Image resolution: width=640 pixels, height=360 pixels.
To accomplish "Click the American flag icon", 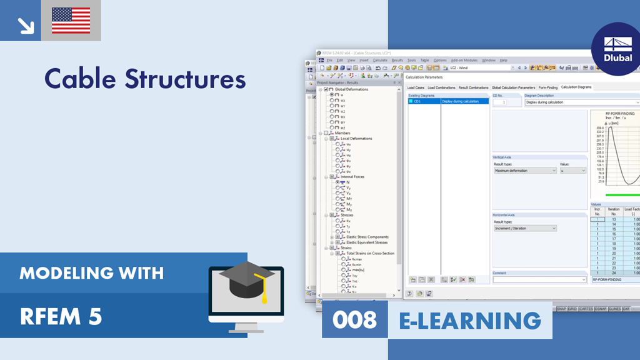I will (x=71, y=21).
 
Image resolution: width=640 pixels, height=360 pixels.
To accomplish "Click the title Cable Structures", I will (x=145, y=79).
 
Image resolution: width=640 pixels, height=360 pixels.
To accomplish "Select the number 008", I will (x=354, y=320).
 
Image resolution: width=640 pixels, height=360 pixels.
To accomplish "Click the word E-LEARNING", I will (x=470, y=320).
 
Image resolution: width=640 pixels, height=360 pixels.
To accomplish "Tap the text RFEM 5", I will (x=61, y=317).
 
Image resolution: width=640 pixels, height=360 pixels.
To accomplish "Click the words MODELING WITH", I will (x=91, y=273).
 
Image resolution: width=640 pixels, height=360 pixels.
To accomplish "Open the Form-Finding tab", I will (x=548, y=87).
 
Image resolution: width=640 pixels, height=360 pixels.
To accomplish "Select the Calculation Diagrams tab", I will (x=576, y=87).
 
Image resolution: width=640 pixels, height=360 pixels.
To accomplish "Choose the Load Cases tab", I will (x=416, y=87).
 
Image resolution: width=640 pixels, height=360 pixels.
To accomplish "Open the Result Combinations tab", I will (x=473, y=87).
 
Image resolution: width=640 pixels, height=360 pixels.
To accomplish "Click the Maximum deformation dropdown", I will (x=525, y=170).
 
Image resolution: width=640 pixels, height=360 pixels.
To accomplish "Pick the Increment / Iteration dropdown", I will (x=525, y=228).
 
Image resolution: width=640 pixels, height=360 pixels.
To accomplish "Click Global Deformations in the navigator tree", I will (x=351, y=89).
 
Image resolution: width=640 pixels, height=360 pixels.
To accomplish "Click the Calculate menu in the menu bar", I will (x=380, y=60).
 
